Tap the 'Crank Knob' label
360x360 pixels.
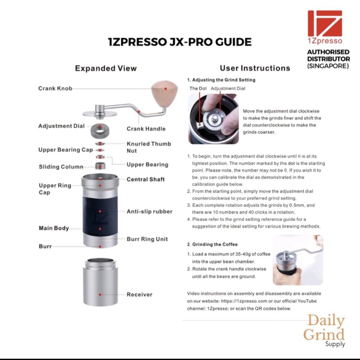point(55,89)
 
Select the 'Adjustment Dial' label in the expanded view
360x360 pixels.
point(61,126)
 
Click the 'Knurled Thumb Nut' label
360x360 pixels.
point(149,147)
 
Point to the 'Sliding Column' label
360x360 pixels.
point(61,167)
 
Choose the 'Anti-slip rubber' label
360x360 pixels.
point(149,212)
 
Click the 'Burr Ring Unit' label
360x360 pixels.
point(147,239)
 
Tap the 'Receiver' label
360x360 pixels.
point(139,295)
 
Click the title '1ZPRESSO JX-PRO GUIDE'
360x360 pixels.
point(180,42)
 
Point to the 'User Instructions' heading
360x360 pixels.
point(255,68)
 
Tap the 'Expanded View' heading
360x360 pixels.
point(106,68)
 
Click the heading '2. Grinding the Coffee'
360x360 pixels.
point(212,244)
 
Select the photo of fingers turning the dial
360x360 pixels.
point(214,119)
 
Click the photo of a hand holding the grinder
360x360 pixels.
point(298,260)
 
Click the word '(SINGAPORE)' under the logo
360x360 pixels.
point(328,66)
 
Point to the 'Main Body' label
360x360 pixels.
point(54,228)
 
